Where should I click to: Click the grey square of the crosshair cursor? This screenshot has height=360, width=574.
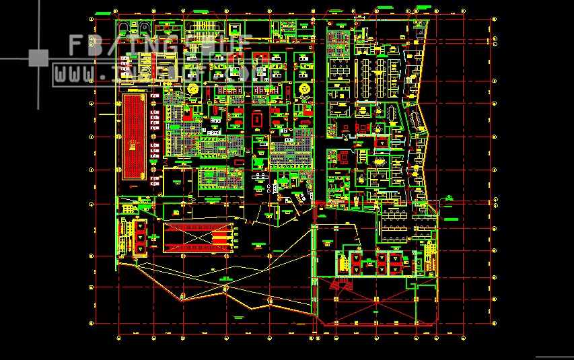(x=38, y=59)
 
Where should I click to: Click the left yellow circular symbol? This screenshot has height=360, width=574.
(x=194, y=89)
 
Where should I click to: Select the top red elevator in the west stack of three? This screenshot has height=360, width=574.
(x=140, y=226)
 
